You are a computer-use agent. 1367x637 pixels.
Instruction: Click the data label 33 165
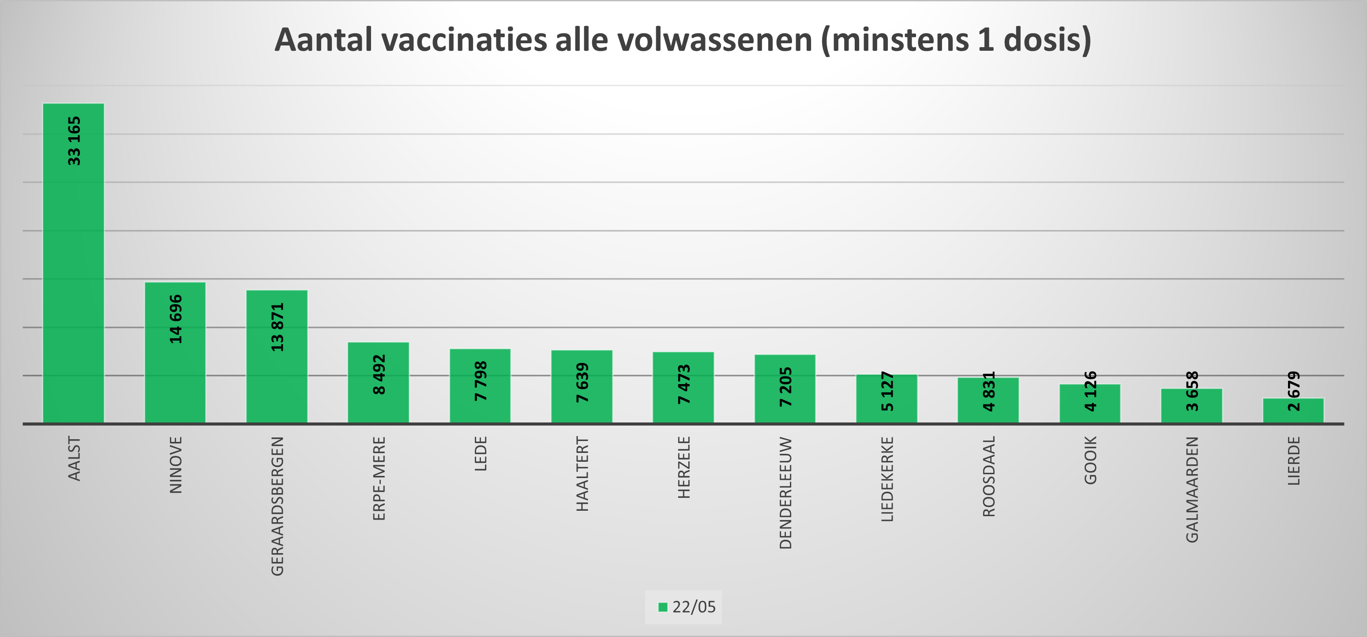coord(74,141)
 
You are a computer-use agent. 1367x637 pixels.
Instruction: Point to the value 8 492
coord(379,374)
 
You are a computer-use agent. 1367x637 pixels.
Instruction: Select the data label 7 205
coord(785,387)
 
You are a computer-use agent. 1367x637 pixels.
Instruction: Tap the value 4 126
coord(1090,391)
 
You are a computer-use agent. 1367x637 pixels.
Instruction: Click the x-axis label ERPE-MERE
coord(379,478)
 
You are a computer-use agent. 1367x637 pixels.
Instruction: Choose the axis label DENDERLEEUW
coord(785,493)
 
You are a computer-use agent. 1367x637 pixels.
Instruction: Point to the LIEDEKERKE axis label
coord(887,479)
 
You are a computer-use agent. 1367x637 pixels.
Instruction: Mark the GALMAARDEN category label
coord(1192,490)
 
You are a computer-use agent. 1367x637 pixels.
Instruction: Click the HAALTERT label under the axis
coord(582,474)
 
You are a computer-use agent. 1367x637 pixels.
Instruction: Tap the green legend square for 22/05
coord(662,607)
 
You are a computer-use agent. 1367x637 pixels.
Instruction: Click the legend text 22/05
coord(694,607)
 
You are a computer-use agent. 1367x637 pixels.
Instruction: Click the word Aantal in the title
coord(324,40)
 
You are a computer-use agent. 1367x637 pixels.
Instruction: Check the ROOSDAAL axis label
coord(989,476)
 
